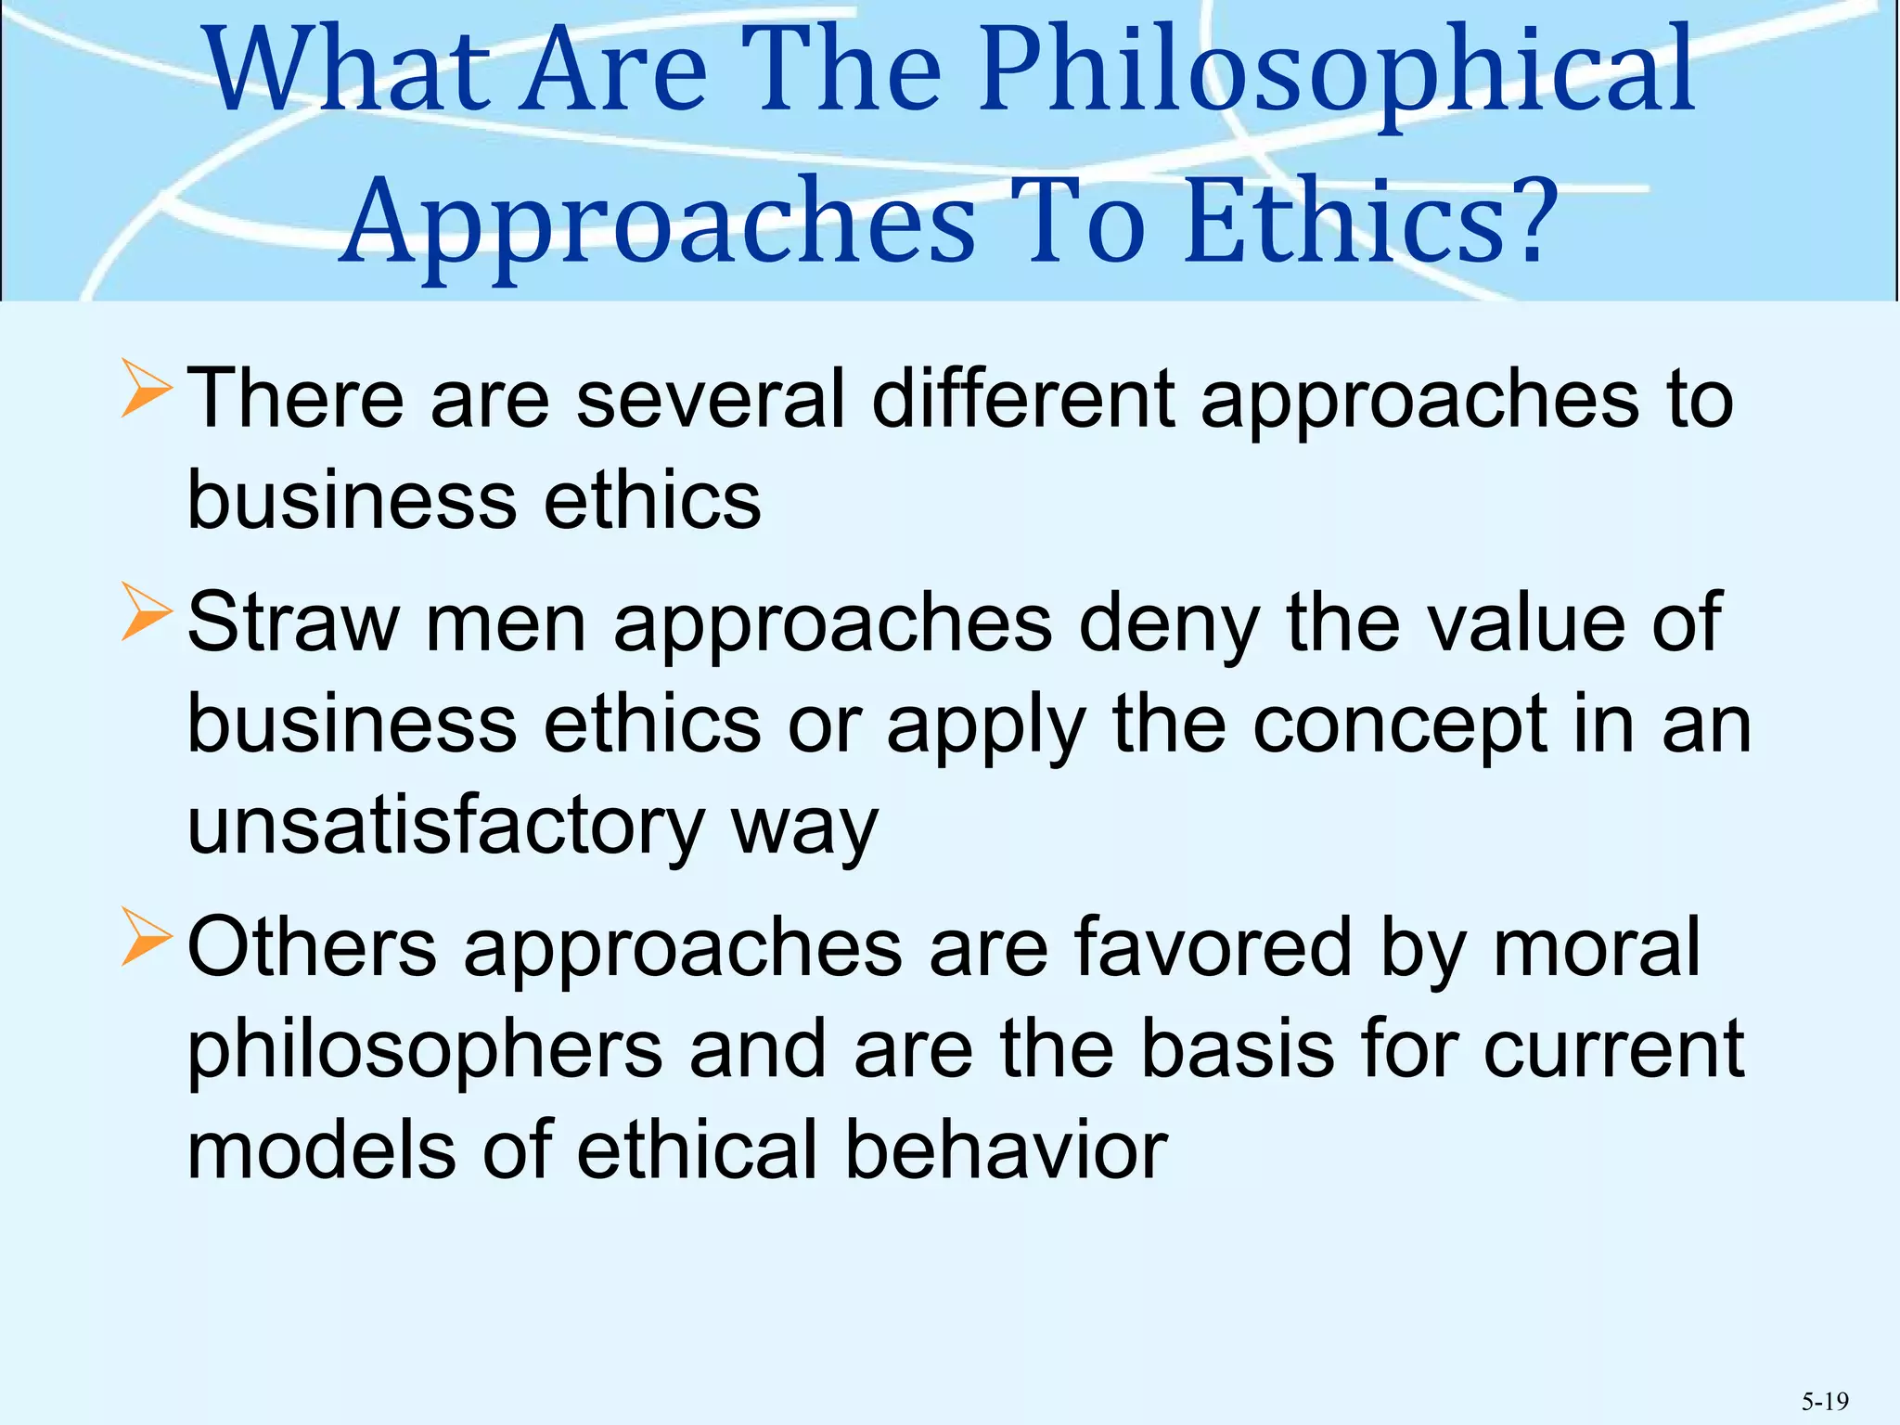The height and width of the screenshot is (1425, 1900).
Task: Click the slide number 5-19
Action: tap(1825, 1401)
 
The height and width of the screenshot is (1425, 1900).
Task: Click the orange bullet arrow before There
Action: tap(147, 391)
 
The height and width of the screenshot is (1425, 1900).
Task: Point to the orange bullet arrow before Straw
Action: tap(147, 613)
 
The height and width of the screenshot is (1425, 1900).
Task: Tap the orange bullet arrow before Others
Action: tap(147, 938)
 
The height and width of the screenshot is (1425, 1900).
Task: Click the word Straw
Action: tap(293, 623)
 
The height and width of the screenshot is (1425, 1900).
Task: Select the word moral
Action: tap(1597, 947)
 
